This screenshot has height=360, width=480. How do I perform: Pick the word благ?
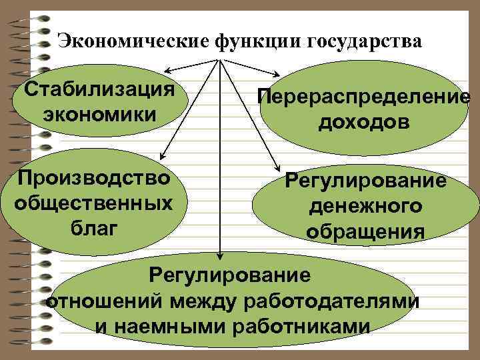[94, 227]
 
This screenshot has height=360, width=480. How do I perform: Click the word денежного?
[365, 207]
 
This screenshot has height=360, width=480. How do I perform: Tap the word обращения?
[365, 231]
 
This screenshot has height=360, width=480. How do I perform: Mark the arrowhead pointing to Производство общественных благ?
[164, 154]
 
